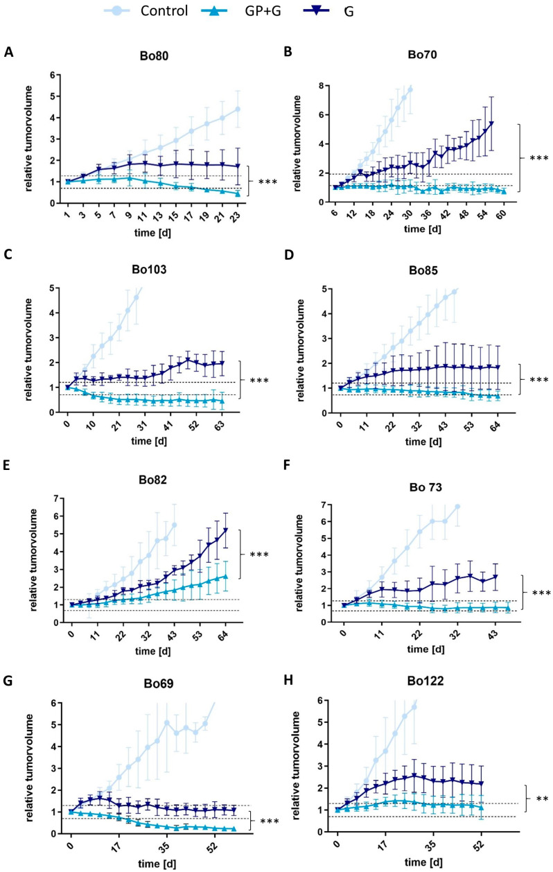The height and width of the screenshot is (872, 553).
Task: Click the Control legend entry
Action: click(146, 11)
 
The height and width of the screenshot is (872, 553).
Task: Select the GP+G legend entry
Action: click(241, 11)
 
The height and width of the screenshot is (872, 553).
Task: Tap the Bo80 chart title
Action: click(154, 56)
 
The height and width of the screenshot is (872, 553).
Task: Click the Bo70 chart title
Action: click(422, 55)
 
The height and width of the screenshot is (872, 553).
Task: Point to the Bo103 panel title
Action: click(149, 270)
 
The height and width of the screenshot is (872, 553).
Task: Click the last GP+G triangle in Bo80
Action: click(238, 193)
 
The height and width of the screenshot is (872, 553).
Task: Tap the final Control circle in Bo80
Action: click(238, 110)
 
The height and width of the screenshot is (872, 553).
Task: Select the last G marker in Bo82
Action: click(225, 530)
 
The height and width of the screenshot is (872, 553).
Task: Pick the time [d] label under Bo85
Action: click(423, 442)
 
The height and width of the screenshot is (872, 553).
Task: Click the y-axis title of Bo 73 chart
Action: click(299, 563)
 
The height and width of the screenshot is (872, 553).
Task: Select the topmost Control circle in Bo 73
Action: click(457, 507)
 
